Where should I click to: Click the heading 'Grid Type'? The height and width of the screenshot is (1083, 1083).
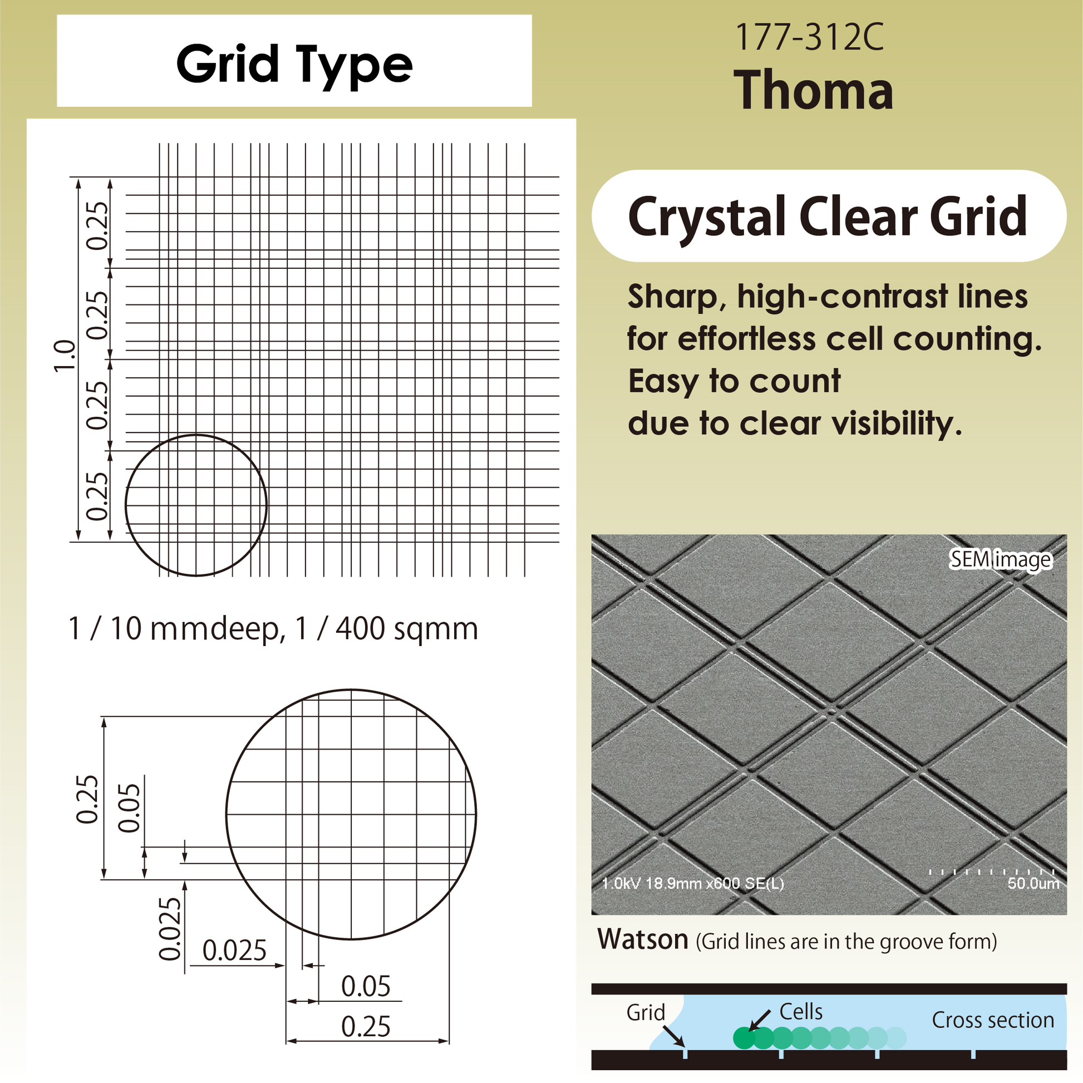tap(294, 65)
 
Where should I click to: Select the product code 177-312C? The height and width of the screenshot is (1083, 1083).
tap(809, 37)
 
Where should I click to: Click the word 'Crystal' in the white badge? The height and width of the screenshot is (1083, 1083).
tap(707, 216)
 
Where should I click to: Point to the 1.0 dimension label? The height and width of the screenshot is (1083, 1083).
tap(64, 356)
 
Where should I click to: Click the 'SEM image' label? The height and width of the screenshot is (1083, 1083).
tap(1000, 559)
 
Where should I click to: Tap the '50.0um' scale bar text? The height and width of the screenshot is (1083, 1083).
tap(1033, 883)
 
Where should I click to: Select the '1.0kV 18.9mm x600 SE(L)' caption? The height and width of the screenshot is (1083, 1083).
tap(692, 884)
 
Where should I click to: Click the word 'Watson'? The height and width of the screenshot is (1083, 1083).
tap(642, 939)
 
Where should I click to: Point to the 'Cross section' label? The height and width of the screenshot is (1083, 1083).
tap(993, 1020)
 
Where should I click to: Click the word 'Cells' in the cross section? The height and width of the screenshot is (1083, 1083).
tap(801, 1012)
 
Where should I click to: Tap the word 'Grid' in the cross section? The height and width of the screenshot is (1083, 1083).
tap(646, 1013)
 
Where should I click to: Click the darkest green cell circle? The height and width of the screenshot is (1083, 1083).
tap(744, 1037)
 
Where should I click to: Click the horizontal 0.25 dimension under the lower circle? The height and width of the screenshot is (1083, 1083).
tap(366, 1027)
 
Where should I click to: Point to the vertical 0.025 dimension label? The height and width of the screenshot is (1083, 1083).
tap(170, 929)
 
